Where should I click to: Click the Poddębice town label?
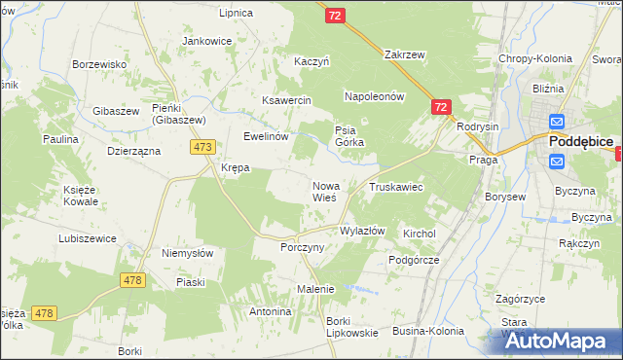click(x=580, y=141)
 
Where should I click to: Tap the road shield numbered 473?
click(x=202, y=147)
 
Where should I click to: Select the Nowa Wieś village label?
click(x=325, y=191)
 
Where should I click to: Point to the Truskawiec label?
click(x=394, y=186)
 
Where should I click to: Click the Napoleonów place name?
click(x=374, y=97)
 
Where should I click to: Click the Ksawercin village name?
click(x=286, y=100)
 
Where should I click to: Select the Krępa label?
click(x=236, y=167)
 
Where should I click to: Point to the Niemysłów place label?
click(x=188, y=253)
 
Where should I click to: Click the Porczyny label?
click(x=302, y=247)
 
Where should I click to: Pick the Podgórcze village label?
click(x=415, y=260)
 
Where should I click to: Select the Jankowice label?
click(x=207, y=41)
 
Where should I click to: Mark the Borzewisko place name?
click(x=101, y=64)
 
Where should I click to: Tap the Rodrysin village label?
click(x=477, y=127)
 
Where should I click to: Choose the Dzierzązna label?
click(x=133, y=152)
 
